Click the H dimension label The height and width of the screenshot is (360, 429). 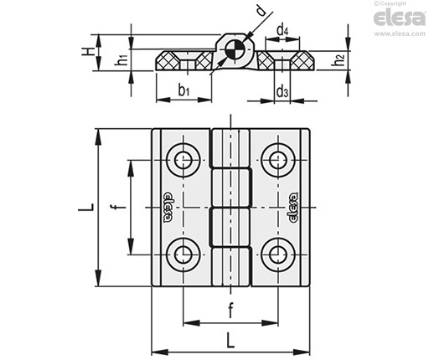(88, 52)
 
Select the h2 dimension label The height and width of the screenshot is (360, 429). (339, 60)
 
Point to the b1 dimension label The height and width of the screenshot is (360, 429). (184, 90)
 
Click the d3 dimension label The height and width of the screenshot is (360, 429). (282, 91)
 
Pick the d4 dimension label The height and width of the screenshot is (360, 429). (282, 30)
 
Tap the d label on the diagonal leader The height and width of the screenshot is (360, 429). (261, 11)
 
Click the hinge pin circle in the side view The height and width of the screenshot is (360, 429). (234, 50)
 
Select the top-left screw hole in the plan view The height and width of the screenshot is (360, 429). (183, 160)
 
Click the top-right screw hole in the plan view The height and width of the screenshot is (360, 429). (278, 160)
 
